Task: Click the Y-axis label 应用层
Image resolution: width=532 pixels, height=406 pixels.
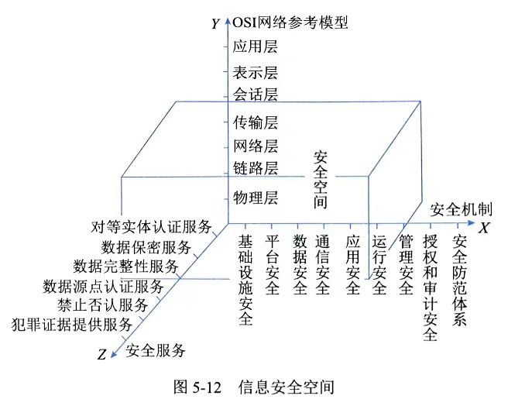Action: tap(255, 46)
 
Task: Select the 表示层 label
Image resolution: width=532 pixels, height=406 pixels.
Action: tap(255, 72)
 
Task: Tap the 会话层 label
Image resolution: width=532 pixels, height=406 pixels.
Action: tap(255, 94)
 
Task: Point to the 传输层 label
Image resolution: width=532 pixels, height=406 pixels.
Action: tap(255, 122)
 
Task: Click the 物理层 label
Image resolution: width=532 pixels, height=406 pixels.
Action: tap(255, 198)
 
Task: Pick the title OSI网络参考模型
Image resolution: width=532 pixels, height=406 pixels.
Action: tap(290, 22)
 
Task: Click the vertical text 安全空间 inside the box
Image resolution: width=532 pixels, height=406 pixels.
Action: tap(321, 180)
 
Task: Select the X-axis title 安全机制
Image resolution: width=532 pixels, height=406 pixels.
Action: tap(461, 209)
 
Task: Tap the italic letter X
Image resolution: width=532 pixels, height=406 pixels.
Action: tap(484, 228)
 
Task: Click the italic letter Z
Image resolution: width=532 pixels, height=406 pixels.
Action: tap(101, 355)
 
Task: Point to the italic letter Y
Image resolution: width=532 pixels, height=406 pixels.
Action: tap(216, 24)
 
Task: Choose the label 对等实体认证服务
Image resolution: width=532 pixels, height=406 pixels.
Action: tap(151, 227)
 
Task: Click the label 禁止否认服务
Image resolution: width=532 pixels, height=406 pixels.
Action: tap(102, 304)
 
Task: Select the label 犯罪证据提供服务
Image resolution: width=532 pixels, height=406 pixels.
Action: tap(72, 325)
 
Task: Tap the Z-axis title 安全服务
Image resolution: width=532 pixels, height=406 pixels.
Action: tap(156, 350)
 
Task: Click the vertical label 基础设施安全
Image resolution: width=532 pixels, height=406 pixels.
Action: tap(245, 280)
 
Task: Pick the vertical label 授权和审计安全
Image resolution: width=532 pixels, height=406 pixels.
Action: tap(430, 287)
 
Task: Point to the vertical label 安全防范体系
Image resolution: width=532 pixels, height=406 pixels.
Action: tap(459, 280)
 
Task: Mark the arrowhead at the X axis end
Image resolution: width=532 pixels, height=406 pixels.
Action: tap(472, 222)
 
